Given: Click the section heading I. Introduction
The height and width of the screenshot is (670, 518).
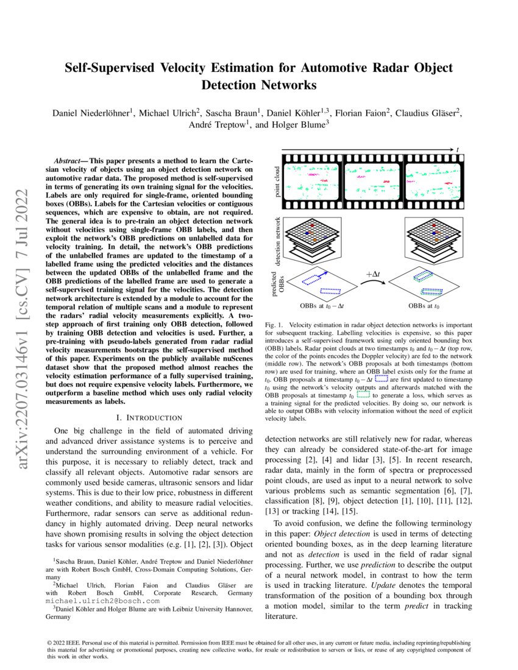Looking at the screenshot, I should coord(149,417).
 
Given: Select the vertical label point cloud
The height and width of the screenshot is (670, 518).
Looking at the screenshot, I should coord(277,181).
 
